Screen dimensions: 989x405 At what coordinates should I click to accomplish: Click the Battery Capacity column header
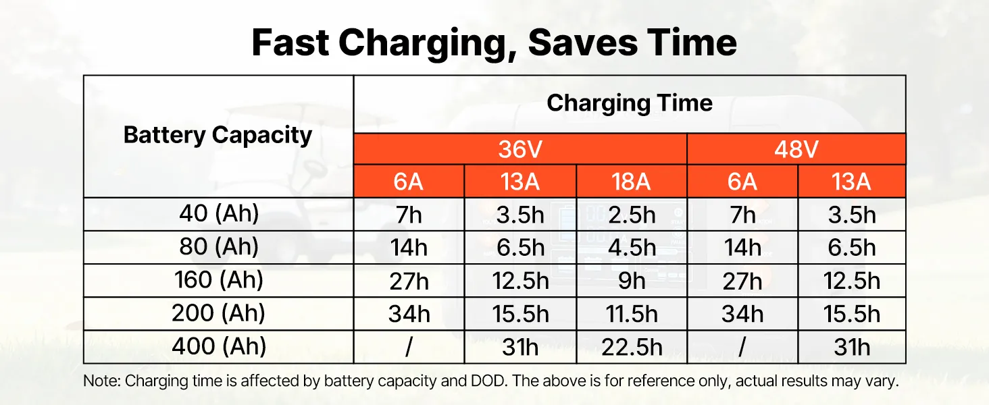point(218,136)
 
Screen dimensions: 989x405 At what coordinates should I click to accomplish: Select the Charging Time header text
point(630,104)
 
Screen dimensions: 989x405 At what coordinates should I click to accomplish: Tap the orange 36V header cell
point(520,149)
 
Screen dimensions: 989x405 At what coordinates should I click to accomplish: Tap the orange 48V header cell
point(796,149)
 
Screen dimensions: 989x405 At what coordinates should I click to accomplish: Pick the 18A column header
point(632,182)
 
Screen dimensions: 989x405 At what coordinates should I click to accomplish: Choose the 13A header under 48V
point(851,182)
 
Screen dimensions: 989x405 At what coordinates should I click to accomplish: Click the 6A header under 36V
point(409,182)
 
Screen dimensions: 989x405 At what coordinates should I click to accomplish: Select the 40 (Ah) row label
point(219,213)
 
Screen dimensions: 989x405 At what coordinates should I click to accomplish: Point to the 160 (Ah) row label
point(219,279)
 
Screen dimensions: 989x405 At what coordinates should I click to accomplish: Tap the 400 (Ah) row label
point(219,346)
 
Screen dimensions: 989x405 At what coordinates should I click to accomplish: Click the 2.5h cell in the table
point(632,215)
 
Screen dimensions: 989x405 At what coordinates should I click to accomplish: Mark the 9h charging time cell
point(632,281)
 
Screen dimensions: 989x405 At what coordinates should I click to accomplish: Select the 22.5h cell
point(632,347)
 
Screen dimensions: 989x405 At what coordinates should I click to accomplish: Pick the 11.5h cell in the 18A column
point(632,314)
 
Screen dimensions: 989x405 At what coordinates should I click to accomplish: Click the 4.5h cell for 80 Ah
point(632,248)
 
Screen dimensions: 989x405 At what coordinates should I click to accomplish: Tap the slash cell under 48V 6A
point(742,347)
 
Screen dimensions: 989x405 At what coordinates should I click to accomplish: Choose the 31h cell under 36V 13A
point(520,347)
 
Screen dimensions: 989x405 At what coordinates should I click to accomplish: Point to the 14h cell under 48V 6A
point(742,248)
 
